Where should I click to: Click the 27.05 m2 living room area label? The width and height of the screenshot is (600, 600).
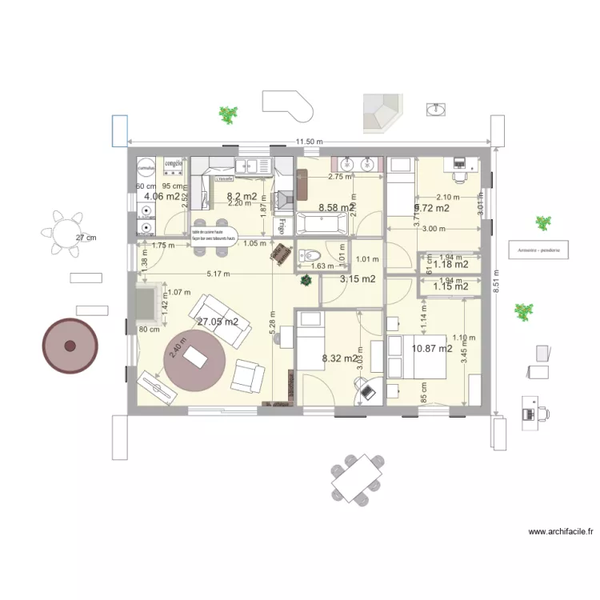point(218,322)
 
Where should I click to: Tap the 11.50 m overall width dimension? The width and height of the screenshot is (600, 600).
point(309,142)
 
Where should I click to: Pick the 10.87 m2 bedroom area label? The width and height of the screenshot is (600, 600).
point(432,349)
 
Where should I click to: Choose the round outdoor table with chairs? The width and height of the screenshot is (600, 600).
point(66,230)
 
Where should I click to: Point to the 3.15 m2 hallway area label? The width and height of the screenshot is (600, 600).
point(358,279)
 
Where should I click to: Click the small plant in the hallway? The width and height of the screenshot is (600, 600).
point(306,281)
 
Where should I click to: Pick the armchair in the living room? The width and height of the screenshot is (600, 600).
point(248,376)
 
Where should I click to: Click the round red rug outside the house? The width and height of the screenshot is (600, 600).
point(70,346)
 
